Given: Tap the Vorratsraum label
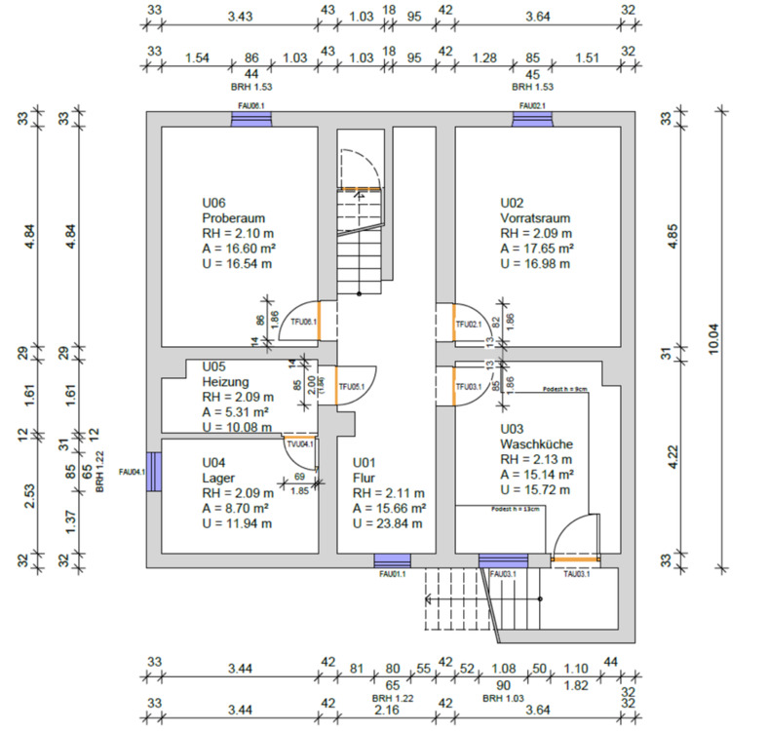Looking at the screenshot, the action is (x=535, y=218).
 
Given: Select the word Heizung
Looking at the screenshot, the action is (x=226, y=382).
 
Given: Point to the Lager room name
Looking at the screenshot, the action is (x=217, y=478).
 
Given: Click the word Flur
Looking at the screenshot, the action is (x=364, y=478).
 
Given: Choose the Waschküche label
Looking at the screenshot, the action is (x=537, y=443).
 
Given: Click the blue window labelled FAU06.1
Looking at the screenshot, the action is (x=251, y=118).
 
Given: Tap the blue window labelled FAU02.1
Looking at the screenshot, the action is (x=532, y=118).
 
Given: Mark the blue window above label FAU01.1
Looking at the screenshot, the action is (x=392, y=559).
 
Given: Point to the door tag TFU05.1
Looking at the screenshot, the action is (x=352, y=387).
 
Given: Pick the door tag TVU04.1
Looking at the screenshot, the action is (x=299, y=443).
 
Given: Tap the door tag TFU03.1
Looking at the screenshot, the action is (x=470, y=387).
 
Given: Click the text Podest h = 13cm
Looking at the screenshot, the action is (x=516, y=509).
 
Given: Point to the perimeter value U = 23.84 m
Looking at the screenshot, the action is (x=388, y=523).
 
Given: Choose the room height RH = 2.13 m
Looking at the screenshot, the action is (x=536, y=459).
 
